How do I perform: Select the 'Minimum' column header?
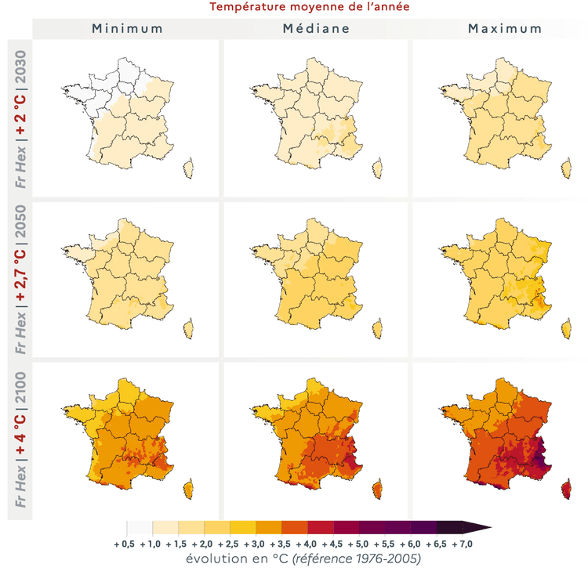pyautogui.click(x=127, y=29)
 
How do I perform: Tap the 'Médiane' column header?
pyautogui.click(x=316, y=29)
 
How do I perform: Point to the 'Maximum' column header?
pyautogui.click(x=505, y=29)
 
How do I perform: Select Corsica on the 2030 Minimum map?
pyautogui.click(x=188, y=167)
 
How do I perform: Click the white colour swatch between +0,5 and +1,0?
pyautogui.click(x=140, y=527)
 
